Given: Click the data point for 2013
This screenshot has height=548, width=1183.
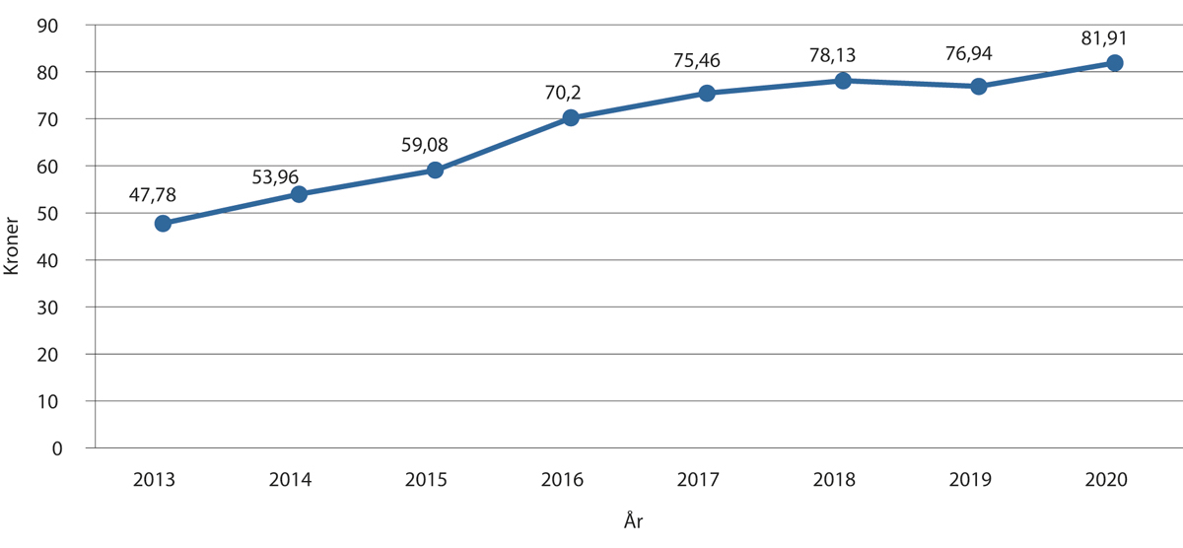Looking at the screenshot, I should (163, 224).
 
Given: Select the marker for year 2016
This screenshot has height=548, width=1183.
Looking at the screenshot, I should (571, 118).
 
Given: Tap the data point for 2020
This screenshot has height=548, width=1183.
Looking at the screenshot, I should (1115, 63).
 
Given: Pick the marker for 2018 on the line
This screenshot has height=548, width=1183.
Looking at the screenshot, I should (843, 81).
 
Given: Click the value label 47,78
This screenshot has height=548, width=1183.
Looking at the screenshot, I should (153, 194).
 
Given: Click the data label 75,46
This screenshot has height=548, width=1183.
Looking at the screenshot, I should (696, 61).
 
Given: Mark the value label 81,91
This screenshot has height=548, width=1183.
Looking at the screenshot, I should (1102, 39).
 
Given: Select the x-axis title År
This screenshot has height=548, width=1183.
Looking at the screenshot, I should (635, 519).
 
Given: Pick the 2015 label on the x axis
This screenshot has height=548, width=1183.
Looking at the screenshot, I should (426, 481).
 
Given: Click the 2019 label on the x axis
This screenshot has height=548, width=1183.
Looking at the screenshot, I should (970, 481).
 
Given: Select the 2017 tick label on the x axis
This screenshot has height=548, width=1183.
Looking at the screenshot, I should (698, 481).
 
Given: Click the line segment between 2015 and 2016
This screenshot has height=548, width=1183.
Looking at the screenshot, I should (503, 145).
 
